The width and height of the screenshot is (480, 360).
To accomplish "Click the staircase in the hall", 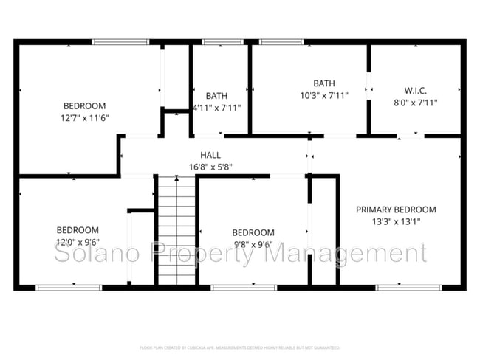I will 177,230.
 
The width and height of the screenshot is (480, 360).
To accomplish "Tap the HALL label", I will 210,155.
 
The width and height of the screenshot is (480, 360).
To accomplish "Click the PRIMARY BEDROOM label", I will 396,210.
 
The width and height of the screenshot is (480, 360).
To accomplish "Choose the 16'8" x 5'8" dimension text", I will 210,167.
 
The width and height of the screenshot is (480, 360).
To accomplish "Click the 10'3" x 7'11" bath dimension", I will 324,95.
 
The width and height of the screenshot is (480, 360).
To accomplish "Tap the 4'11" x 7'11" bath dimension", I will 216,108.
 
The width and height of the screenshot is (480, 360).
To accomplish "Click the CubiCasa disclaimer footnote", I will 240,347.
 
